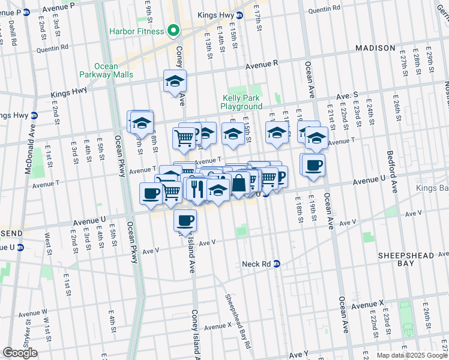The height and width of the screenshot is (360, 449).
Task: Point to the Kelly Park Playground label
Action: [x=242, y=101]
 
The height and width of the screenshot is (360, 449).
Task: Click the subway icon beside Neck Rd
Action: [x=277, y=263]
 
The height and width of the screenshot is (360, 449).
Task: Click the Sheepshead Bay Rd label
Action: [x=238, y=320]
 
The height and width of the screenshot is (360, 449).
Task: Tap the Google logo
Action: [x=20, y=353]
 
